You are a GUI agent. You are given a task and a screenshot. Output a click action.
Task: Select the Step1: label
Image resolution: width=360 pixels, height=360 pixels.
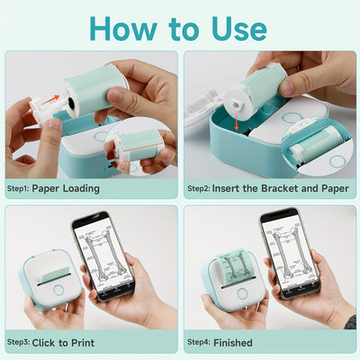[20, 190]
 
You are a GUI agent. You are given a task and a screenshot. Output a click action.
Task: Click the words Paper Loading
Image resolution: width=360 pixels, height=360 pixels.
[66, 190]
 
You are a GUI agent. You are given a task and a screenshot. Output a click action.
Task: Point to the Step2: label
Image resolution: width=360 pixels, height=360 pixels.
[200, 190]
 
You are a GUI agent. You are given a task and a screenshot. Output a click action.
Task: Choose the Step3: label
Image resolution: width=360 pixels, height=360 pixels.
[20, 342]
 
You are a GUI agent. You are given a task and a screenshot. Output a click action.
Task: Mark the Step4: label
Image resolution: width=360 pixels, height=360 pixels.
[200, 342]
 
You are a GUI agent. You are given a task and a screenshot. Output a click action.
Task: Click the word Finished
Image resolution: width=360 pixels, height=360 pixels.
[235, 342]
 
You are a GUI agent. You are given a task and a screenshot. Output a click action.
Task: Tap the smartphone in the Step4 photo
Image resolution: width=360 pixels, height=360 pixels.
[288, 255]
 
